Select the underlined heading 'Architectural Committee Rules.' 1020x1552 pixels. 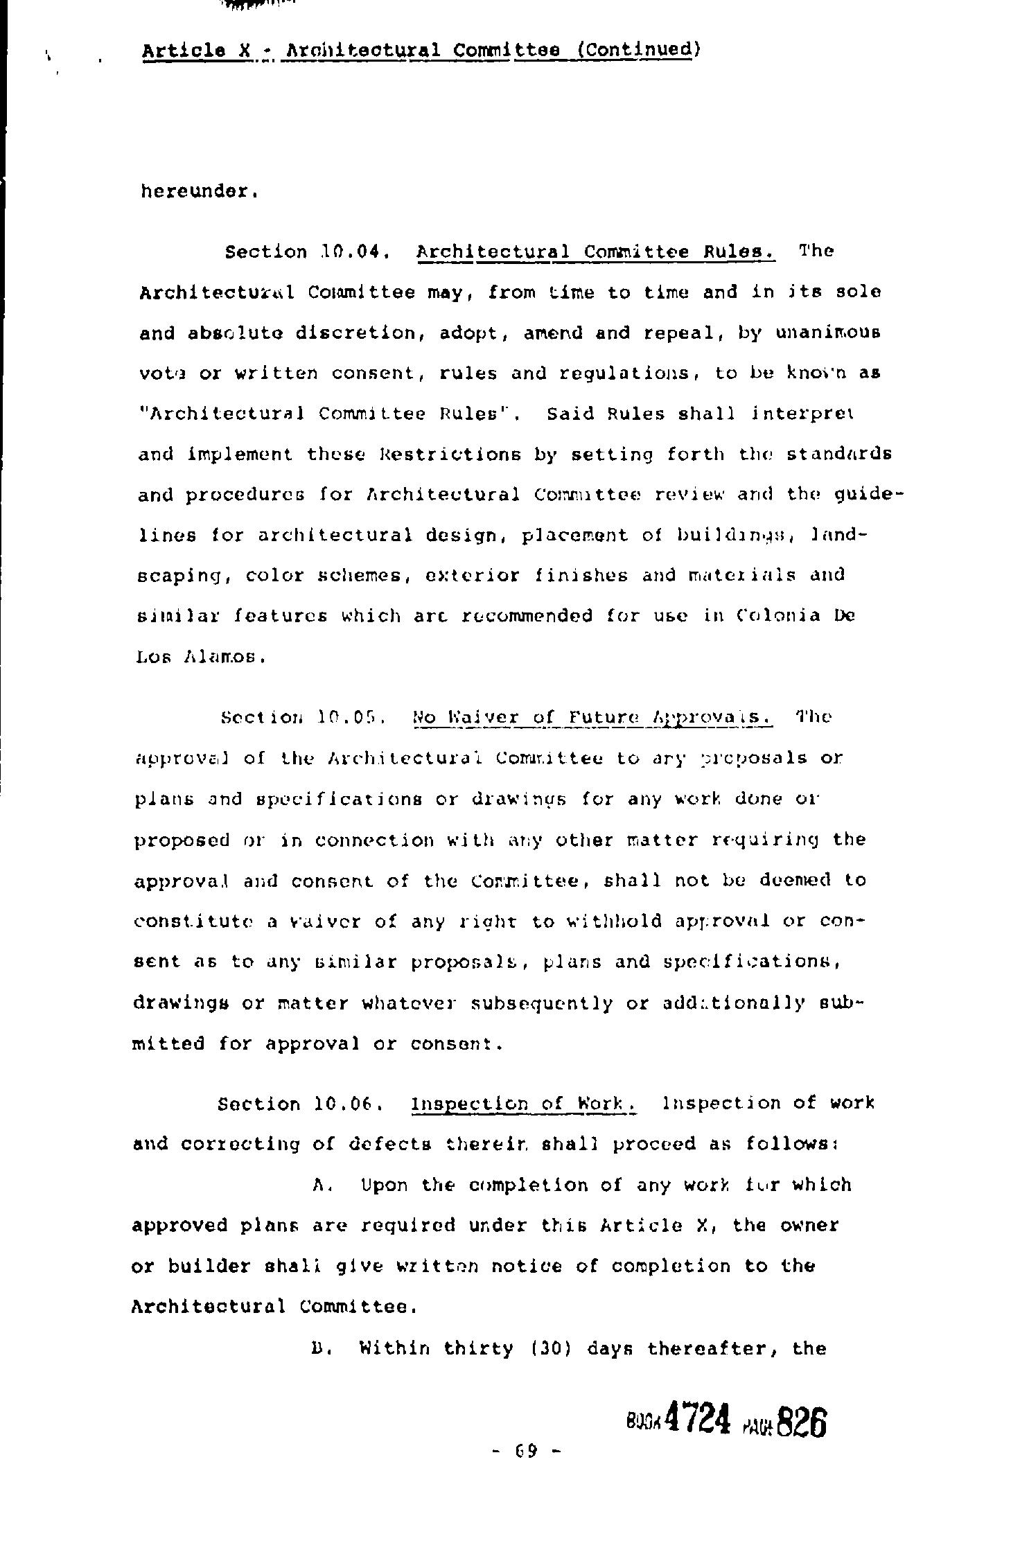(595, 252)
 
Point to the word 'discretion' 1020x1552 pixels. (360, 333)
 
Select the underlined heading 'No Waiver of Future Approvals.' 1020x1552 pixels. (592, 717)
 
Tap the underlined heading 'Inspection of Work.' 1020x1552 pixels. (524, 1104)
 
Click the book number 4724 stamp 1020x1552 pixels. (697, 1420)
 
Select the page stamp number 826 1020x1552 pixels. (802, 1423)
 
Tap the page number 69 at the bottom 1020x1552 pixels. (527, 1451)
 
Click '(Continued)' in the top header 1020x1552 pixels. (639, 50)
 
